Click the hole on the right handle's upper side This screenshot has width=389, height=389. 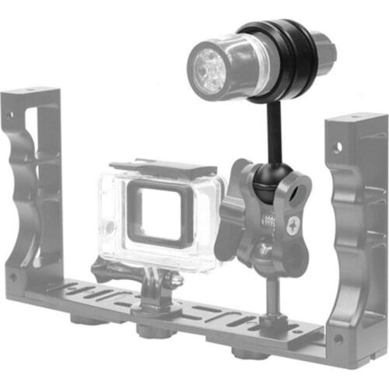(338, 145)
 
